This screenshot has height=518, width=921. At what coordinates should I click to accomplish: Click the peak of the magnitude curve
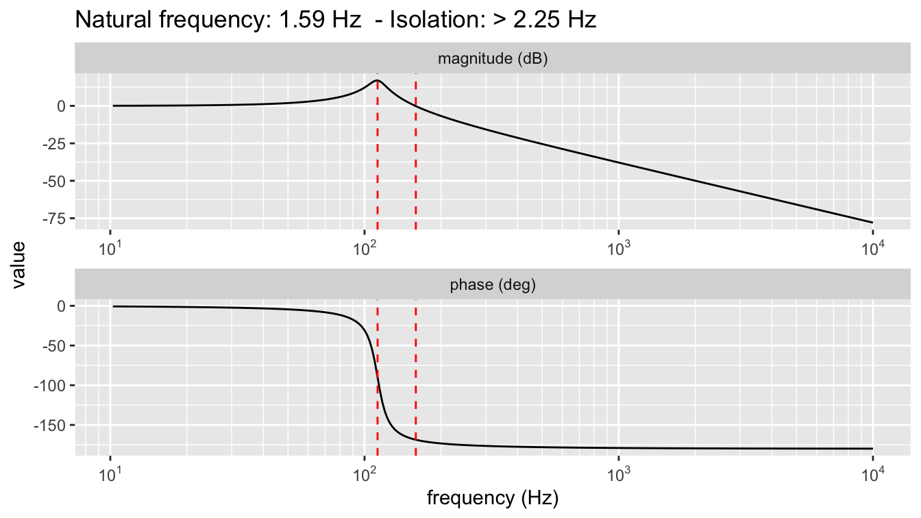(x=378, y=80)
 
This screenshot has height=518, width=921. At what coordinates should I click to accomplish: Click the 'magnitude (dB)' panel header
(x=492, y=59)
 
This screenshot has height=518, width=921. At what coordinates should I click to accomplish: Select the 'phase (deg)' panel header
(x=492, y=286)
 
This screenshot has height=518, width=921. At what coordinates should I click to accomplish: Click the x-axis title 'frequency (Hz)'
(x=492, y=497)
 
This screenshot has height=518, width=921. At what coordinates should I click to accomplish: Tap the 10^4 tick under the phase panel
(x=872, y=473)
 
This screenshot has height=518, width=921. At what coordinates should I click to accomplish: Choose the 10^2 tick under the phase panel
(x=365, y=473)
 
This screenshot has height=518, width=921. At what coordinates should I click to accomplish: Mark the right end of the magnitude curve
(x=872, y=222)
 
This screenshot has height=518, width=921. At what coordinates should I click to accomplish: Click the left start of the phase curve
(x=113, y=306)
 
